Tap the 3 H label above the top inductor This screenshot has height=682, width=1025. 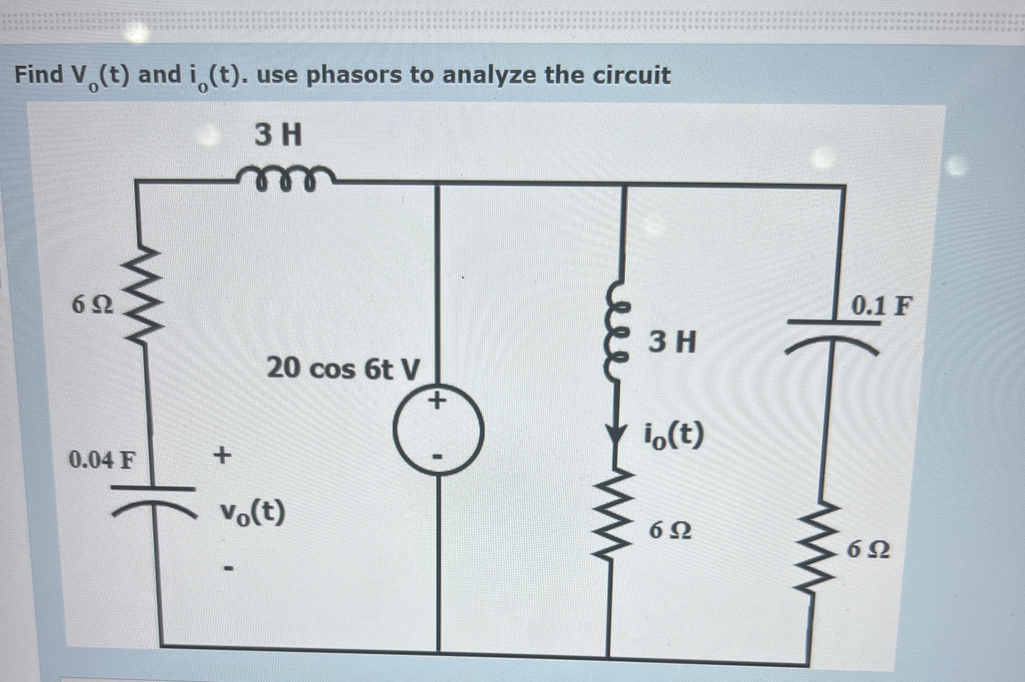(x=278, y=136)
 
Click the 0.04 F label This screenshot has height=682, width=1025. (x=103, y=460)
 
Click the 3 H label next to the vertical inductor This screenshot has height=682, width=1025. (x=672, y=342)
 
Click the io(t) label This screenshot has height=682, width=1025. (x=673, y=435)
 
